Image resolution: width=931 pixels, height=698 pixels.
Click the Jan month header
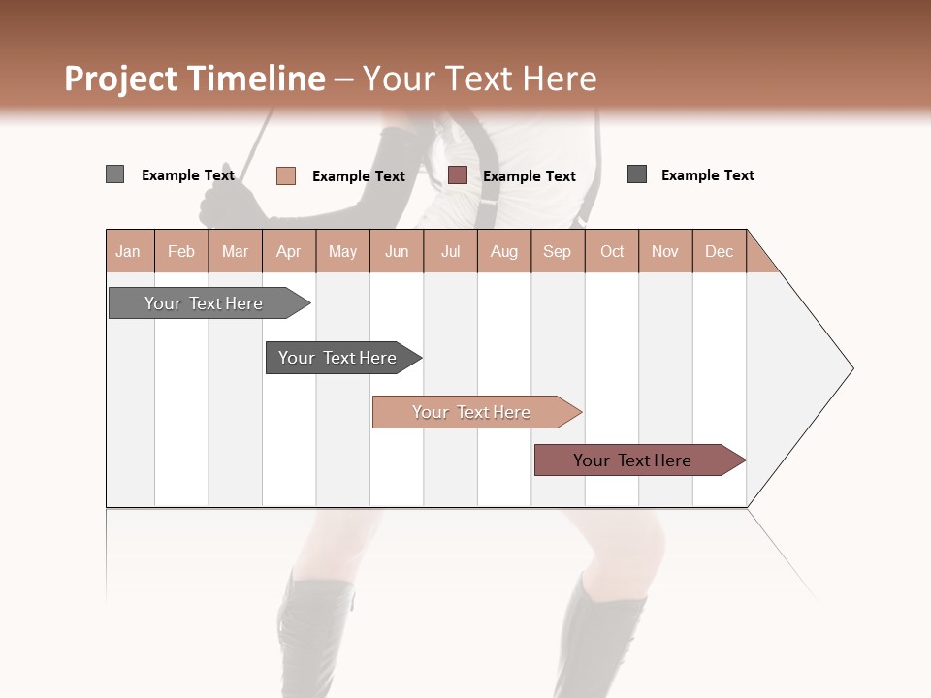click(129, 251)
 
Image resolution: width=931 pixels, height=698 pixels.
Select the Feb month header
click(181, 251)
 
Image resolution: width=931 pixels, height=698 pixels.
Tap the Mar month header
click(235, 251)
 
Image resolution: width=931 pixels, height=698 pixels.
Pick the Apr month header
click(288, 251)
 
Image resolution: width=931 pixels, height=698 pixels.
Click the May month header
click(342, 251)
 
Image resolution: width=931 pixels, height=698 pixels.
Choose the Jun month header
click(397, 251)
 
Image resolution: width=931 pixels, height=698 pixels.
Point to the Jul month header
click(450, 251)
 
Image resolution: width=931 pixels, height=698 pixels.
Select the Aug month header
click(503, 251)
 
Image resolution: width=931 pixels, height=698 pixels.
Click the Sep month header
click(557, 251)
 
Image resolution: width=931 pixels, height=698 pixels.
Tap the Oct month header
click(612, 251)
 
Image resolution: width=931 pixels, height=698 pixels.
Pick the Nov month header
click(665, 251)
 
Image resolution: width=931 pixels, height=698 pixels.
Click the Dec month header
click(719, 251)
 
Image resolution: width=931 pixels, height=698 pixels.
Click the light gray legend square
click(114, 174)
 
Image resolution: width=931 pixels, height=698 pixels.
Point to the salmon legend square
click(285, 175)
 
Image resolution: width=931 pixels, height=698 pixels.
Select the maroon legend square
click(458, 174)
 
